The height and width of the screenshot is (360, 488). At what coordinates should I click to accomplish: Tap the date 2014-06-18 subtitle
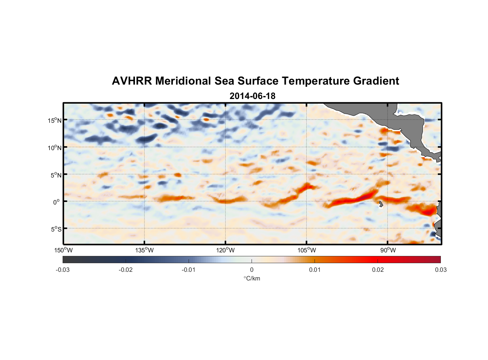252,96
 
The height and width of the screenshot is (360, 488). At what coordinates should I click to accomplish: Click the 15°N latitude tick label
54,120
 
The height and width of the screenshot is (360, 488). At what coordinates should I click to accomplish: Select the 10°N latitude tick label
54,148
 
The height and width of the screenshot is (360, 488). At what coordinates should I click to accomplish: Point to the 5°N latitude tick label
55,175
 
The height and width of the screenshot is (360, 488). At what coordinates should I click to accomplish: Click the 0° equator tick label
57,202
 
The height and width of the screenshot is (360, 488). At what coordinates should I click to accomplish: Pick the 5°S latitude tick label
55,229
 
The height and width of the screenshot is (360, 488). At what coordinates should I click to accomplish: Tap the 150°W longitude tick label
63,250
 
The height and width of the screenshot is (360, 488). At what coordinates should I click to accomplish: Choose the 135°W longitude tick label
144,250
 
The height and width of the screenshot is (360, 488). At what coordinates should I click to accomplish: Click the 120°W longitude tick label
226,250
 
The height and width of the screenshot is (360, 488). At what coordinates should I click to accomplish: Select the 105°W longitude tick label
307,250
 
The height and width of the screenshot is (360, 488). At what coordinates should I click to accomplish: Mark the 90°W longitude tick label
388,250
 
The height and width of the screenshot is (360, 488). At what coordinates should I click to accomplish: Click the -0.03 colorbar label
63,270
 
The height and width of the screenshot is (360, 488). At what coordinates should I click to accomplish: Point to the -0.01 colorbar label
189,270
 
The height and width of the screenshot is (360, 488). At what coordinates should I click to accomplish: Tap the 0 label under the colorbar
252,270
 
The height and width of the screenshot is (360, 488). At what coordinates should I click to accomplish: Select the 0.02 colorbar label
378,270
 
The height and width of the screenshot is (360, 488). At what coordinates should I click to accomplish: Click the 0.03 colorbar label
440,270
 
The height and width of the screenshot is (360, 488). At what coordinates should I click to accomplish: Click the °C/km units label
252,279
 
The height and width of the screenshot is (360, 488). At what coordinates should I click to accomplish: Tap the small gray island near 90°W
381,204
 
